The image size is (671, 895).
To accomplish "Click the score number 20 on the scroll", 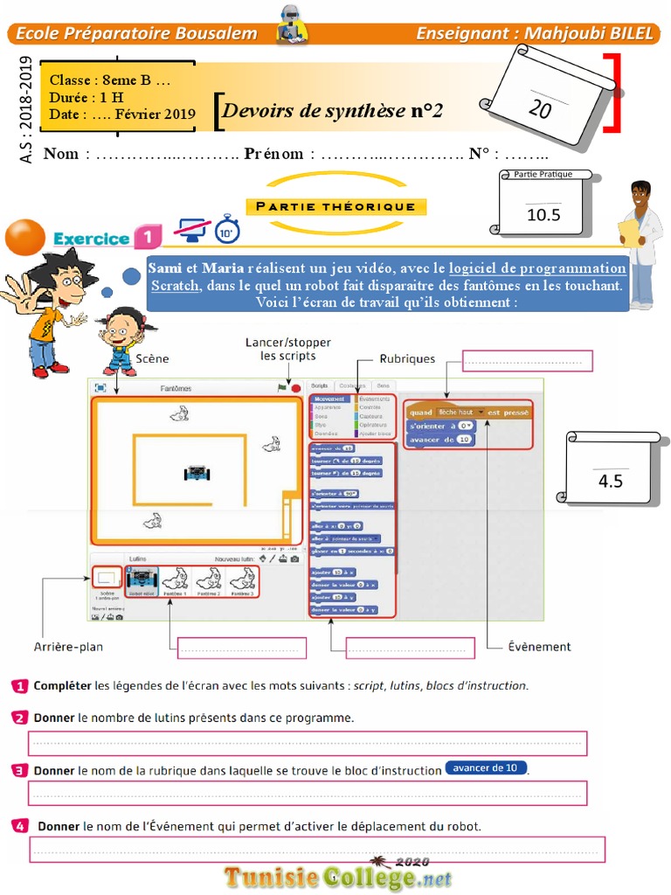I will click(540, 108).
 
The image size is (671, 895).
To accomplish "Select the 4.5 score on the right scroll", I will click(611, 480).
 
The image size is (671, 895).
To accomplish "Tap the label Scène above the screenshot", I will click(152, 358).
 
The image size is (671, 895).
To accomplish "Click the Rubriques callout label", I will click(407, 358).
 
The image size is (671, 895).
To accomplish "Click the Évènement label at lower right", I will click(539, 647).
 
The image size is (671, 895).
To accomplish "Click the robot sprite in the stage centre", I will click(197, 472).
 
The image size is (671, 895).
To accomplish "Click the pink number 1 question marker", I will click(20, 686).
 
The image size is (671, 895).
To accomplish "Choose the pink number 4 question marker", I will click(20, 825).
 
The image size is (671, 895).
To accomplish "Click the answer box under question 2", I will click(308, 744).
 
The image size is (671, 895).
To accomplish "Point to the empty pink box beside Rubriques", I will click(527, 360).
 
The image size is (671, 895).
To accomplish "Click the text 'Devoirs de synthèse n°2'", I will click(332, 111).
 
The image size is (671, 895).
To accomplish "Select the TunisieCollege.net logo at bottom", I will click(338, 876).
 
